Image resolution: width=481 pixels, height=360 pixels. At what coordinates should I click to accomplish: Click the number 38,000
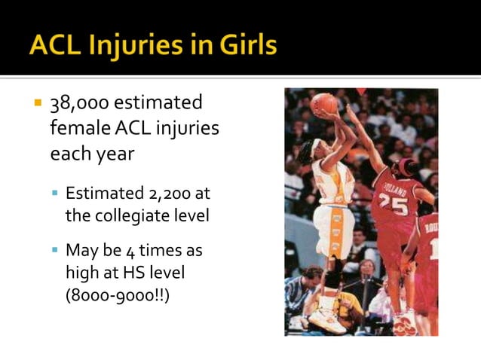point(77,103)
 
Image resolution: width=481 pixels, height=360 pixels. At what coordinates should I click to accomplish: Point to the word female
point(78,128)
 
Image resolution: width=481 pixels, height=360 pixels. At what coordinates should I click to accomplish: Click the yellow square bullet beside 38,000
point(35,102)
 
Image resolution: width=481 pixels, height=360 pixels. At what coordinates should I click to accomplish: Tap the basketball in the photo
point(325,103)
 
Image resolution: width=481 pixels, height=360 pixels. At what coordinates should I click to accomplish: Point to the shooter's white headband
point(315,147)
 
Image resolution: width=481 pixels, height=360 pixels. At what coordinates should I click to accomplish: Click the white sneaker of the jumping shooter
point(326,319)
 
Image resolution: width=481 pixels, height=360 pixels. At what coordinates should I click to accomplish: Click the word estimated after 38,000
point(157,103)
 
